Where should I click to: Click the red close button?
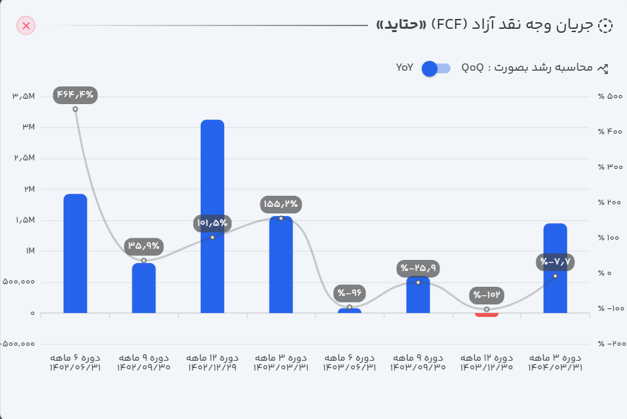26,26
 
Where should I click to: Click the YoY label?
405,67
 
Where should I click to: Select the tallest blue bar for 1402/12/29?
212,216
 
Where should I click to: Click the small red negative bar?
487,315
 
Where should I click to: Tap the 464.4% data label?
75,95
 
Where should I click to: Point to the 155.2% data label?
281,204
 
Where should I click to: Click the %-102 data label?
487,295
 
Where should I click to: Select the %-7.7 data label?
556,262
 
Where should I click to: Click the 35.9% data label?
144,246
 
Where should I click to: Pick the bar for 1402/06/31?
75,253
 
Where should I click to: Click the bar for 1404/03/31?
555,268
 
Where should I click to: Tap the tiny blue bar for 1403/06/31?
350,310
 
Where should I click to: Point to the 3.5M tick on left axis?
24,97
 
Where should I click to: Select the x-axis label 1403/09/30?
418,368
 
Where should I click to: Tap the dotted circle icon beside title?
606,26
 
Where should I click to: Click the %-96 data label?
350,293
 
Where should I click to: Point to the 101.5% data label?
212,223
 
